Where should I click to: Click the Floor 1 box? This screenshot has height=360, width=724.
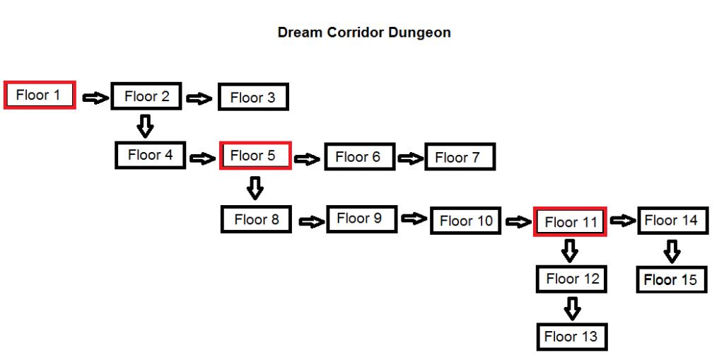pos(40,95)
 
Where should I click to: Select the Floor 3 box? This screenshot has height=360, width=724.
pos(254,97)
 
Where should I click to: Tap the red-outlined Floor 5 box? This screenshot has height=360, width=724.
pos(255,156)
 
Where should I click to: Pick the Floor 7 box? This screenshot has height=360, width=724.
pos(460,157)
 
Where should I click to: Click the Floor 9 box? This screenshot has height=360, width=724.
pos(362,219)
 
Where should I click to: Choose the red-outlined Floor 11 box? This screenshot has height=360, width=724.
pos(570,221)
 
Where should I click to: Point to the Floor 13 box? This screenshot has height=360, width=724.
pos(572,337)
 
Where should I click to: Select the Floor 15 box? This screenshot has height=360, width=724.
pos(672,279)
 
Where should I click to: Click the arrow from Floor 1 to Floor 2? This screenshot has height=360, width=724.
pos(95,98)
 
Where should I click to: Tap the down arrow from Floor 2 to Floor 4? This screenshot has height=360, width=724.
pos(146,126)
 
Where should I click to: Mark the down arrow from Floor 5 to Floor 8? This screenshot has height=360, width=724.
pos(255,187)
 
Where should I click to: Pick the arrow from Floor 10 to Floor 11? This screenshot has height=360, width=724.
pos(519,222)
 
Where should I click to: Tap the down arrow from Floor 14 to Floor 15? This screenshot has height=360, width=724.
pos(672,251)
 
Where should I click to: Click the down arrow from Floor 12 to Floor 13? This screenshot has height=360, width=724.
pos(572,308)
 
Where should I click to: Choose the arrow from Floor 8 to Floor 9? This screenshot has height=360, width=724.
pos(312,222)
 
